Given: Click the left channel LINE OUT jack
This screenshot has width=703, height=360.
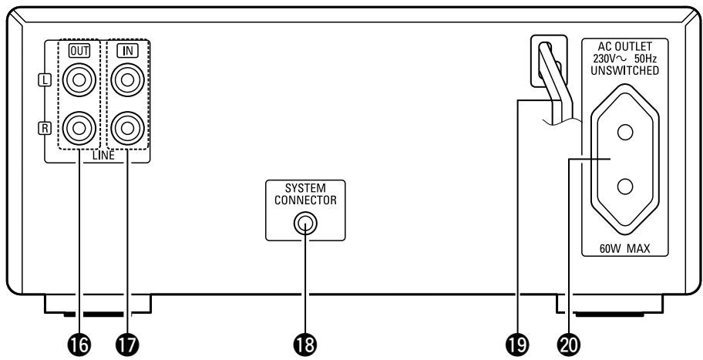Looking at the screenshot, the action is pyautogui.click(x=79, y=80).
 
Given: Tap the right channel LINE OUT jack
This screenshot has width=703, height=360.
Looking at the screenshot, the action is pyautogui.click(x=79, y=128).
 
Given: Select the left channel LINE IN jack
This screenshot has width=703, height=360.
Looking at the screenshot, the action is pyautogui.click(x=128, y=80).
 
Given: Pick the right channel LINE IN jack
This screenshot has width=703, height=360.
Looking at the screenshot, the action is pyautogui.click(x=128, y=128).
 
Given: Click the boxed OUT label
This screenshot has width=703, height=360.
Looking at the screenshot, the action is pyautogui.click(x=79, y=51).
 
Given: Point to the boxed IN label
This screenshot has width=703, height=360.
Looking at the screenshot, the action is pyautogui.click(x=128, y=51).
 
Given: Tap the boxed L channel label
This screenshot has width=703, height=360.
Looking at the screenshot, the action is pyautogui.click(x=45, y=80).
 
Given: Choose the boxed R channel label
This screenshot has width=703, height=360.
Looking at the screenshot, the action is pyautogui.click(x=45, y=129).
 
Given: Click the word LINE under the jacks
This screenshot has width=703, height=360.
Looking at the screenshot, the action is pyautogui.click(x=103, y=156).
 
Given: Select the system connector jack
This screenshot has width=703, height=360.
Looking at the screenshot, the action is pyautogui.click(x=305, y=224).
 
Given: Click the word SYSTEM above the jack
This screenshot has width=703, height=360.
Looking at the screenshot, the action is pyautogui.click(x=305, y=188).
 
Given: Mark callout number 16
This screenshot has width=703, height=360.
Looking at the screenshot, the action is pyautogui.click(x=79, y=345).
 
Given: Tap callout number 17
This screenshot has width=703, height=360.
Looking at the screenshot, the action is pyautogui.click(x=128, y=345).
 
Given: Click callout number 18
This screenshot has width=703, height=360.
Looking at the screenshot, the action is pyautogui.click(x=305, y=345).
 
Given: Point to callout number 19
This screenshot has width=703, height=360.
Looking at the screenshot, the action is pyautogui.click(x=518, y=345).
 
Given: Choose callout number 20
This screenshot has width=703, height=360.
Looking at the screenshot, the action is pyautogui.click(x=569, y=345).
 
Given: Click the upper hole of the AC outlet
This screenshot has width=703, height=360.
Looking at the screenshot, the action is pyautogui.click(x=625, y=133).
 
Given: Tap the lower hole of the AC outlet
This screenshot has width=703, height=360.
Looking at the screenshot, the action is pyautogui.click(x=625, y=187).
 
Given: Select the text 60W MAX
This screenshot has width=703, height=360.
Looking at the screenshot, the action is pyautogui.click(x=624, y=248).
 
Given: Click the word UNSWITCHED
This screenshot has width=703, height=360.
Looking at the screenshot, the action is pyautogui.click(x=625, y=70).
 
